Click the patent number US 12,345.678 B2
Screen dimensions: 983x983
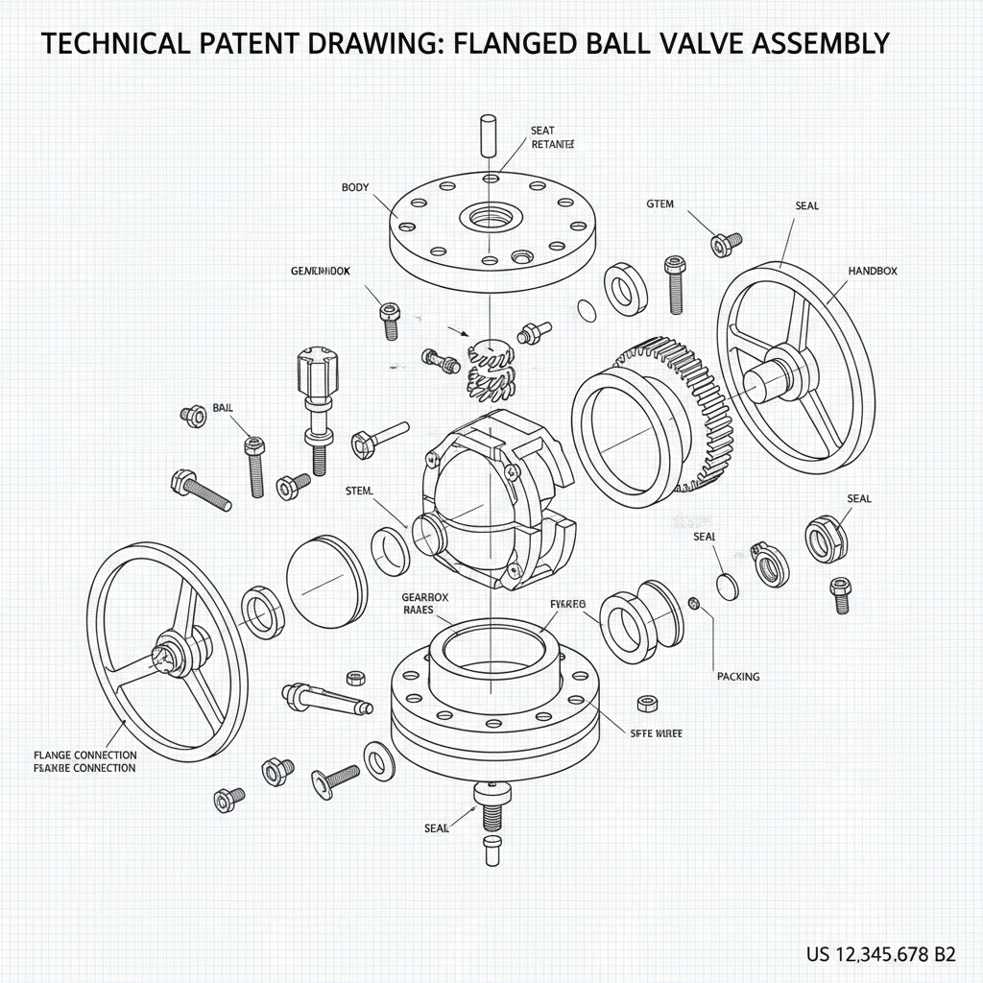(880, 954)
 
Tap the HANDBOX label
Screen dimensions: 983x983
(873, 272)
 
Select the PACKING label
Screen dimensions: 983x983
(737, 677)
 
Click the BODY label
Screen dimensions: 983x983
(354, 187)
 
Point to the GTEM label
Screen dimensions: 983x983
(659, 204)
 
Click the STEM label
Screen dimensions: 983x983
(358, 491)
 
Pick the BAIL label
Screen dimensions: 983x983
(223, 408)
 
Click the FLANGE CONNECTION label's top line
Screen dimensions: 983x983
(84, 755)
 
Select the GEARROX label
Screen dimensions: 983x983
(425, 596)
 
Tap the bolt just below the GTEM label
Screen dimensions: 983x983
(726, 242)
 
